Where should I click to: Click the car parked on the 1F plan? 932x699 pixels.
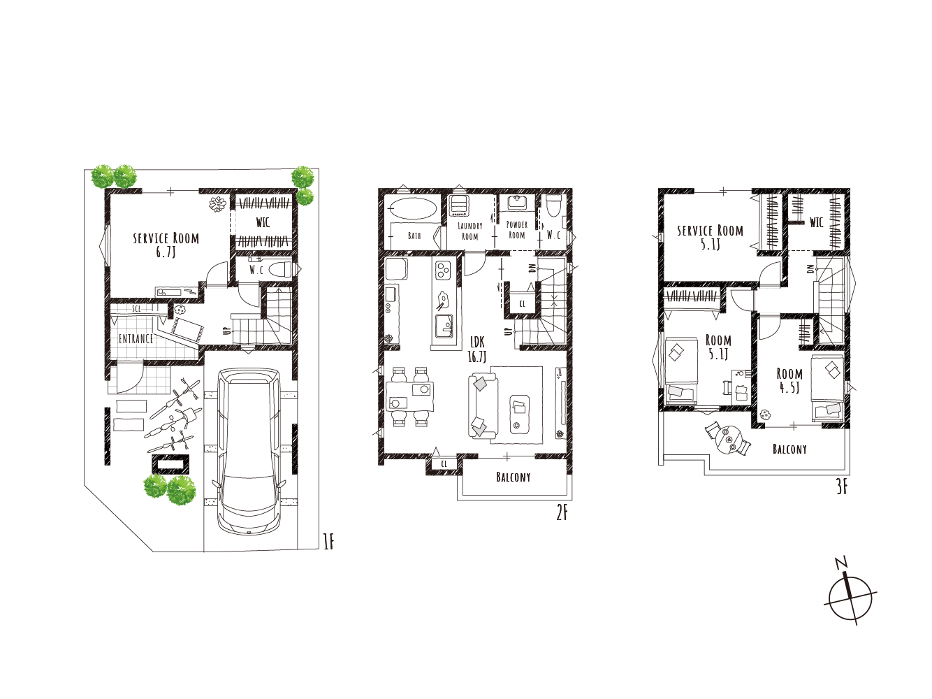[249, 452]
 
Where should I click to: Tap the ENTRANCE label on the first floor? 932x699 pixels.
[136, 339]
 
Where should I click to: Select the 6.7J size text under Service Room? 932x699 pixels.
[166, 252]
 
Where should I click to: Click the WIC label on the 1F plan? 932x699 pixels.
[263, 222]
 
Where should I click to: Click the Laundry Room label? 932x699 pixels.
[470, 231]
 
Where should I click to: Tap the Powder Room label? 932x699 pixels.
[517, 230]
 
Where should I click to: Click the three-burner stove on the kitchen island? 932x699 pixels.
[443, 270]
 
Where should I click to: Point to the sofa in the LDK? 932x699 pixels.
[483, 406]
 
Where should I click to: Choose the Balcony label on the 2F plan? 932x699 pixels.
[514, 477]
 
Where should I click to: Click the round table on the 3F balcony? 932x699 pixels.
[729, 440]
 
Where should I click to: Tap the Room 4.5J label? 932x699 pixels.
[789, 380]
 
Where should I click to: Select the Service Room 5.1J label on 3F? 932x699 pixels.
[710, 238]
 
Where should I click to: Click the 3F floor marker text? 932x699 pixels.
[842, 487]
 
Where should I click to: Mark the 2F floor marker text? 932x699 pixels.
[562, 514]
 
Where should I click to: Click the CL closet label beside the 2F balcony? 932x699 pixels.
[444, 464]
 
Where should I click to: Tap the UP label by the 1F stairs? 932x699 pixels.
[228, 331]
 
